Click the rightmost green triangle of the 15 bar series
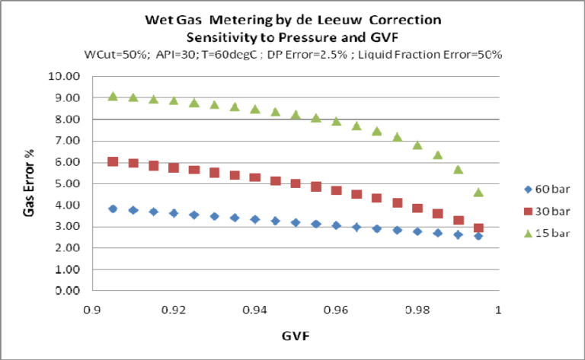pos(478,192)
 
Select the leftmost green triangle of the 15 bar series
pos(113,96)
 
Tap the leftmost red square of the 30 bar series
pos(113,161)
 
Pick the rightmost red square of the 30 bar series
pos(478,228)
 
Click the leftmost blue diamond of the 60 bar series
pos(113,209)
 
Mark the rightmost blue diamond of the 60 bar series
pos(478,236)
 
